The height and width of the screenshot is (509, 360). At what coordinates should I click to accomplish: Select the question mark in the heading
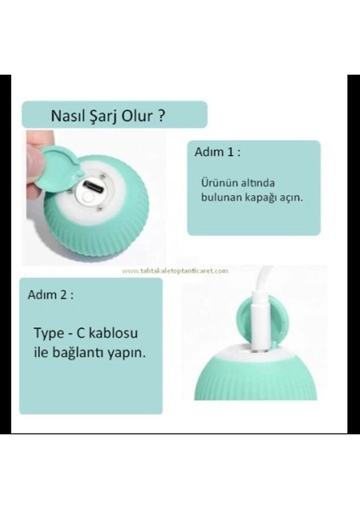click(x=160, y=115)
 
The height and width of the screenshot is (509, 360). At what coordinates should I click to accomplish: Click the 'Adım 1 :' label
click(x=217, y=154)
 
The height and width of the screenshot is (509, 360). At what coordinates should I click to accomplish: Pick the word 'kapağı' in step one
click(x=261, y=197)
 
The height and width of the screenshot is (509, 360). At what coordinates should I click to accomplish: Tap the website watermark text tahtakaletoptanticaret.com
click(x=175, y=271)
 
